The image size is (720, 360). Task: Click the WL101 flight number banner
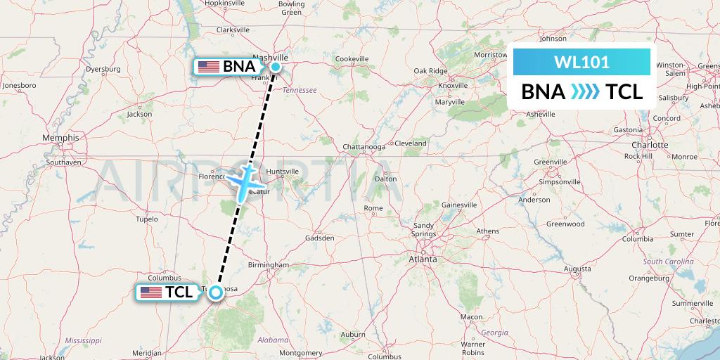point(581,62)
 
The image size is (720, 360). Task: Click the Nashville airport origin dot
point(276,67)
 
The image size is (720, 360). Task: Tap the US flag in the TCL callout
point(151,292)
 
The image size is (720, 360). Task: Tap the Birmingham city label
point(269,264)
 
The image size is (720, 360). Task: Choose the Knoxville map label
point(453,85)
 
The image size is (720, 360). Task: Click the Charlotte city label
point(649,144)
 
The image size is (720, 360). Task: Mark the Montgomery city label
point(300,352)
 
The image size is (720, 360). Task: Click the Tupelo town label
point(146,219)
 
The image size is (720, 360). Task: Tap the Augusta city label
point(577,269)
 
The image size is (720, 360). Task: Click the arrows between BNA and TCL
point(584,91)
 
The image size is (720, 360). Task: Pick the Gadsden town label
point(321,238)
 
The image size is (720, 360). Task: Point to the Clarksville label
point(233,30)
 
